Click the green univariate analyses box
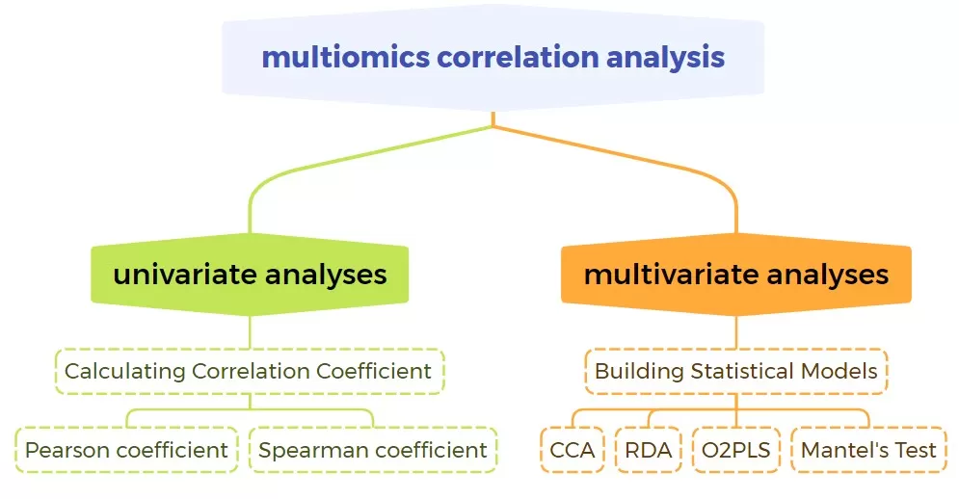pyautogui.click(x=250, y=275)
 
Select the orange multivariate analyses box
pyautogui.click(x=736, y=275)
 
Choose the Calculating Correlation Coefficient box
pyautogui.click(x=249, y=371)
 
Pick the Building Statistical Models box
pyautogui.click(x=736, y=371)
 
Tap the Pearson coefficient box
pyautogui.click(x=126, y=450)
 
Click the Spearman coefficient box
pyautogui.click(x=373, y=450)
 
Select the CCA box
pyautogui.click(x=573, y=450)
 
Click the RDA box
pyautogui.click(x=648, y=450)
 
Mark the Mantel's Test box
pyautogui.click(x=868, y=450)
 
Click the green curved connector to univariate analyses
pyautogui.click(x=289, y=168)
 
